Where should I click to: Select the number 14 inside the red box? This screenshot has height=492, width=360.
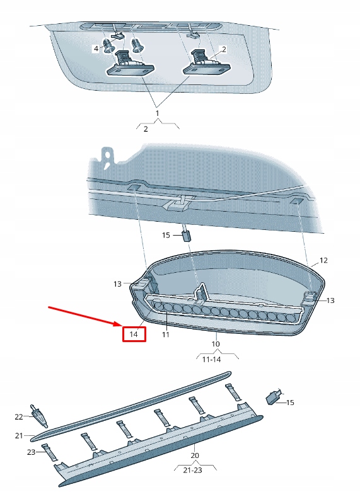point(133,334)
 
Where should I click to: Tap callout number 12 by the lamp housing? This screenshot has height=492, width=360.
point(323,260)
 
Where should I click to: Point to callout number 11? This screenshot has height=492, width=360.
point(165,335)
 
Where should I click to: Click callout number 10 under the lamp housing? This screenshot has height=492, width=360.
point(216,344)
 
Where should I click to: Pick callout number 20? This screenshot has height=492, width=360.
point(195,455)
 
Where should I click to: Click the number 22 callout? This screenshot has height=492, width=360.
point(18,416)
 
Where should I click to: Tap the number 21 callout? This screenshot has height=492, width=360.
point(18,435)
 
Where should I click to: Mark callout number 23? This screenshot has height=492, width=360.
point(32,452)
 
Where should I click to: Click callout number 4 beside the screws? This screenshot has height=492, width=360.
point(96,49)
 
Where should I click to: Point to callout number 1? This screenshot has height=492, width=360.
point(157,113)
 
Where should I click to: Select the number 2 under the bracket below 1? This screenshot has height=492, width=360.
point(146,129)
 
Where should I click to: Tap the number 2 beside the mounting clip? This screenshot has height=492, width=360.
point(224,49)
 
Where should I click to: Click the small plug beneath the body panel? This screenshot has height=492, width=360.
point(187,237)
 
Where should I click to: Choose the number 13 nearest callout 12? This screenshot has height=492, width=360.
point(330,300)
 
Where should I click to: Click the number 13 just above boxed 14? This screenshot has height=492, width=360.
point(117,285)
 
